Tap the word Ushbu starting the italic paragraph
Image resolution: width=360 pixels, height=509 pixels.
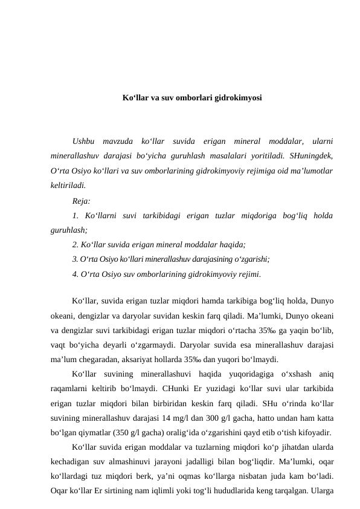click(83, 141)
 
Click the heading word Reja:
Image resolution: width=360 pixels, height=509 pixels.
click(82, 201)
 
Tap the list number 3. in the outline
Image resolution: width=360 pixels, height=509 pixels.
click(74, 259)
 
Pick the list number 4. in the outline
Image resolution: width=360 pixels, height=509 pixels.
click(75, 274)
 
